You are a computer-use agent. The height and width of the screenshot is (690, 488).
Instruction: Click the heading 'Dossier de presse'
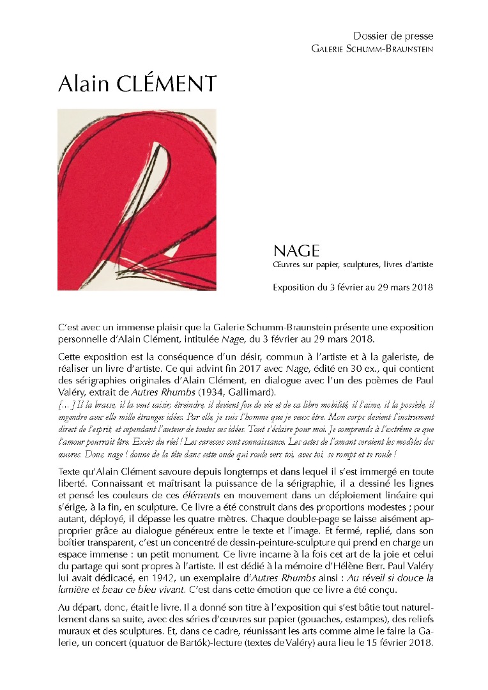[x=393, y=36]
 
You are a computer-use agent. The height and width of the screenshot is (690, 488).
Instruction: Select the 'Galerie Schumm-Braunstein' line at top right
[x=372, y=49]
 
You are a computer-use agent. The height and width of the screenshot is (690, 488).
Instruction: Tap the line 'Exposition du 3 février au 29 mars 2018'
[x=353, y=287]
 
